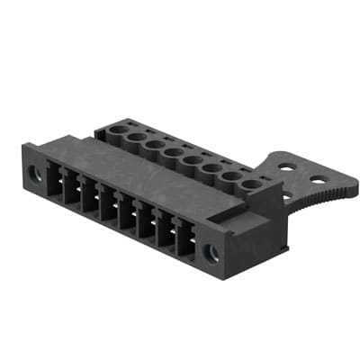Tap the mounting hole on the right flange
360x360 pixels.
tap(213, 252)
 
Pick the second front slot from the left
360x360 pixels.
tap(73, 192)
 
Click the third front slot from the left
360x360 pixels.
tap(90, 200)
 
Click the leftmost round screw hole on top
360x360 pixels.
tap(118, 130)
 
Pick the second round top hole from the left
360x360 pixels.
tap(136, 137)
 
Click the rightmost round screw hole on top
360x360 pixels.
tap(253, 184)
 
